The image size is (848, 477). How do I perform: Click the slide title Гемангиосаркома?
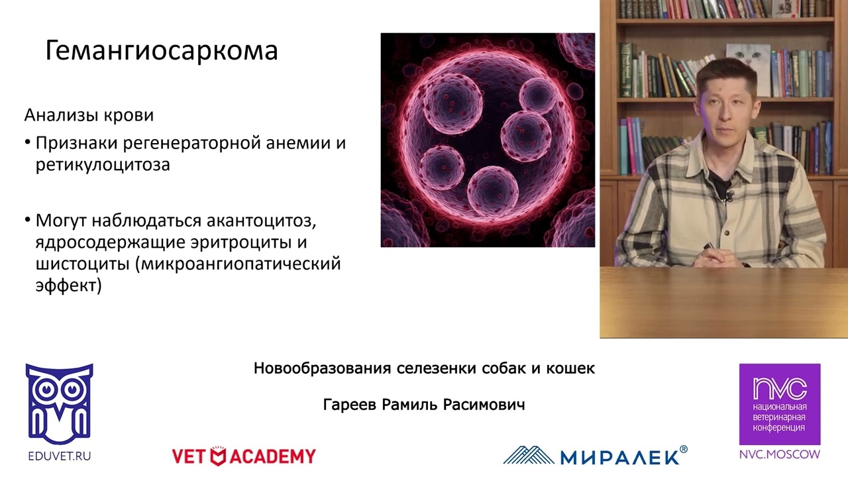point(161,51)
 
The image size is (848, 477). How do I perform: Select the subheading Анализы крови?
point(89,115)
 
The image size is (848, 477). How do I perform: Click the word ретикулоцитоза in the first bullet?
point(103,165)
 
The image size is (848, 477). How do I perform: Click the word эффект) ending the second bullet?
point(68,287)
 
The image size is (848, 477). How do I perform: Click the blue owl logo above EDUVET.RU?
point(59,403)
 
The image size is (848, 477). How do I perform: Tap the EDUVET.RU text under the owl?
point(59,456)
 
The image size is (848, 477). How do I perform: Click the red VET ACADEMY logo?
point(244,456)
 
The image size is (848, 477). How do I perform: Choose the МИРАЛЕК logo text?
point(619,456)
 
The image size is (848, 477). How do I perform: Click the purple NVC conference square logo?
point(780,403)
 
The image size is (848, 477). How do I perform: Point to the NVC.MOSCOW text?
point(780,454)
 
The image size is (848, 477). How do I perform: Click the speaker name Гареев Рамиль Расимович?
point(424,405)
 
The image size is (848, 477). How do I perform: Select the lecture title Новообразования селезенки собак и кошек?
point(424,368)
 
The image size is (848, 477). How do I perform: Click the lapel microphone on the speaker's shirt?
point(729,196)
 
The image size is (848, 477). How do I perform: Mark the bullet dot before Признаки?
point(28,143)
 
